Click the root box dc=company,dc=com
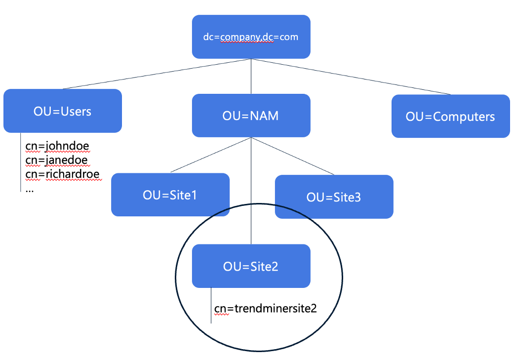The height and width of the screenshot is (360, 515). coord(251,37)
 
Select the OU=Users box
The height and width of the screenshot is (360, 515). coord(62,111)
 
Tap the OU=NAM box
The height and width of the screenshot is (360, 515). coord(251,116)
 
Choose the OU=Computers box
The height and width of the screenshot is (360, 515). coord(450,117)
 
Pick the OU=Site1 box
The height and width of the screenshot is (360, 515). coord(170,195)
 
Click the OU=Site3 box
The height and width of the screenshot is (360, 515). coord(334,197)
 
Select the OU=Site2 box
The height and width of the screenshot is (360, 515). coord(251,266)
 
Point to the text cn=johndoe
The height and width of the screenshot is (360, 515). coord(57,146)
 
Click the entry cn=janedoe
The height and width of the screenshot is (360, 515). coord(56,160)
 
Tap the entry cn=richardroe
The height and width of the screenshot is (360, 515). coord(62,174)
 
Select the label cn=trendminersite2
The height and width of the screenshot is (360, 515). coord(265,309)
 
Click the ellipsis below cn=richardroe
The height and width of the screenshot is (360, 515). coord(30,189)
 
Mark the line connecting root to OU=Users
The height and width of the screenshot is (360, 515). coord(157,74)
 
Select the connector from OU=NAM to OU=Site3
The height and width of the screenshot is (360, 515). coord(293,156)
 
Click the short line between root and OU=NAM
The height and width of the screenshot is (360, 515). coord(251,77)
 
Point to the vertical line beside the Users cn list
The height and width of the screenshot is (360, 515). coord(21,163)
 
